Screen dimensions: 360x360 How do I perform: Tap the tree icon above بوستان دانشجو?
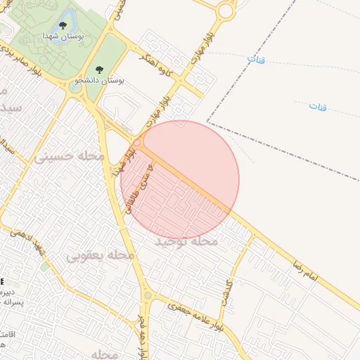pos(98,70)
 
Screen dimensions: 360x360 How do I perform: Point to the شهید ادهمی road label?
pos(30,246)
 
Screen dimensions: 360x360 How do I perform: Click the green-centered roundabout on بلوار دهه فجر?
pos(147,296)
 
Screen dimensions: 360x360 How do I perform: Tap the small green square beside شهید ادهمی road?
pos(46,267)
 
